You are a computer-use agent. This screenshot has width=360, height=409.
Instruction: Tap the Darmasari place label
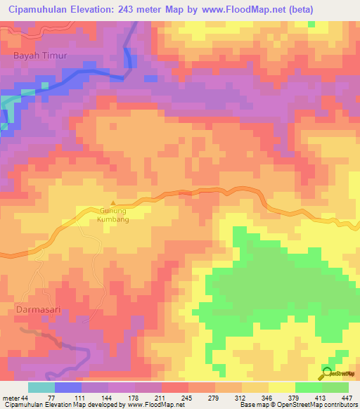[x=33, y=308]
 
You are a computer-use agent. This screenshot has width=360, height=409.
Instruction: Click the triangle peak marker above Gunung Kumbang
[x=112, y=204]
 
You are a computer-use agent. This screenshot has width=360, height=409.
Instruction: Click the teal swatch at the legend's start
[x=41, y=387]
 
